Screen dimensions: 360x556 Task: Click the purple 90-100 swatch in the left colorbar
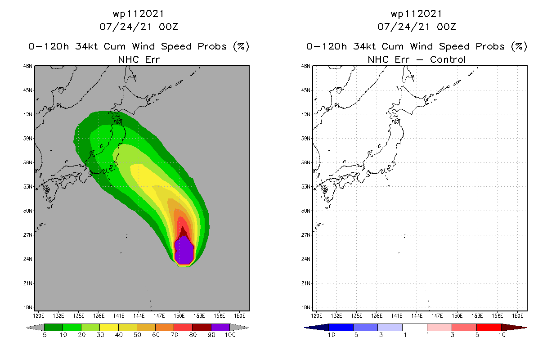pyautogui.click(x=220, y=327)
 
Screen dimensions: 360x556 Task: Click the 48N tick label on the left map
pyautogui.click(x=28, y=66)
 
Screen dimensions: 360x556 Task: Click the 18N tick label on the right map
pyautogui.click(x=306, y=307)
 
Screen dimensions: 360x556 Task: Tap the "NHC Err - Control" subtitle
pyautogui.click(x=417, y=59)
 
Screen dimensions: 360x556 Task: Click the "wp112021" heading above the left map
pyautogui.click(x=139, y=13)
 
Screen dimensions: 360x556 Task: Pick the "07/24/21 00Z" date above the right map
pyautogui.click(x=417, y=27)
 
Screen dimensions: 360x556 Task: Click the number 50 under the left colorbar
pyautogui.click(x=137, y=335)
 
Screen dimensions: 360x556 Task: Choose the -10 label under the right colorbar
pyautogui.click(x=328, y=335)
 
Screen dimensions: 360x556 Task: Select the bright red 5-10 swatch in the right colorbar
pyautogui.click(x=489, y=327)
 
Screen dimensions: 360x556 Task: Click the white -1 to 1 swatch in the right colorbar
pyautogui.click(x=415, y=327)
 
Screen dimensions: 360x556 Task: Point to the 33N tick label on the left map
pyautogui.click(x=28, y=187)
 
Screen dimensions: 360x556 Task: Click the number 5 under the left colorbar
pyautogui.click(x=45, y=335)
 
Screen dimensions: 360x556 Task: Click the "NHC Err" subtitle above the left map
pyautogui.click(x=139, y=59)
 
